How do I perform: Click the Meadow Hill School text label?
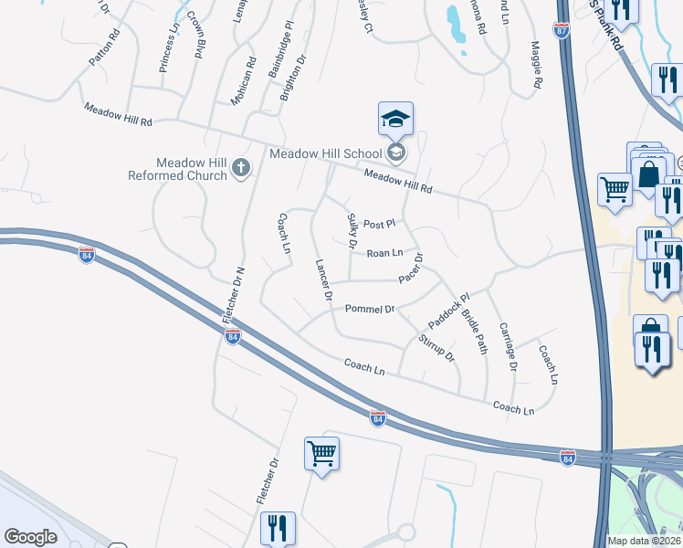pos(326,153)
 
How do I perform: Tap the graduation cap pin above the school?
pos(395,120)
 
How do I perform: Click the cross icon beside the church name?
pos(241,167)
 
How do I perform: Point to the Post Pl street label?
pos(378,224)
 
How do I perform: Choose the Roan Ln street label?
pos(384,253)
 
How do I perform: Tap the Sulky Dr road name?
pos(352,231)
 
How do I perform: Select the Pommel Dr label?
pos(369,310)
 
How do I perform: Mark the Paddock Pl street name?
pos(447,311)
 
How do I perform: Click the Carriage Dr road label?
pos(507,346)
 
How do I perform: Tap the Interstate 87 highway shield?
pos(561,30)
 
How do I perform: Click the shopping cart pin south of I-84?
pos(322,453)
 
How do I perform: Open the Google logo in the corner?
pos(30,537)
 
